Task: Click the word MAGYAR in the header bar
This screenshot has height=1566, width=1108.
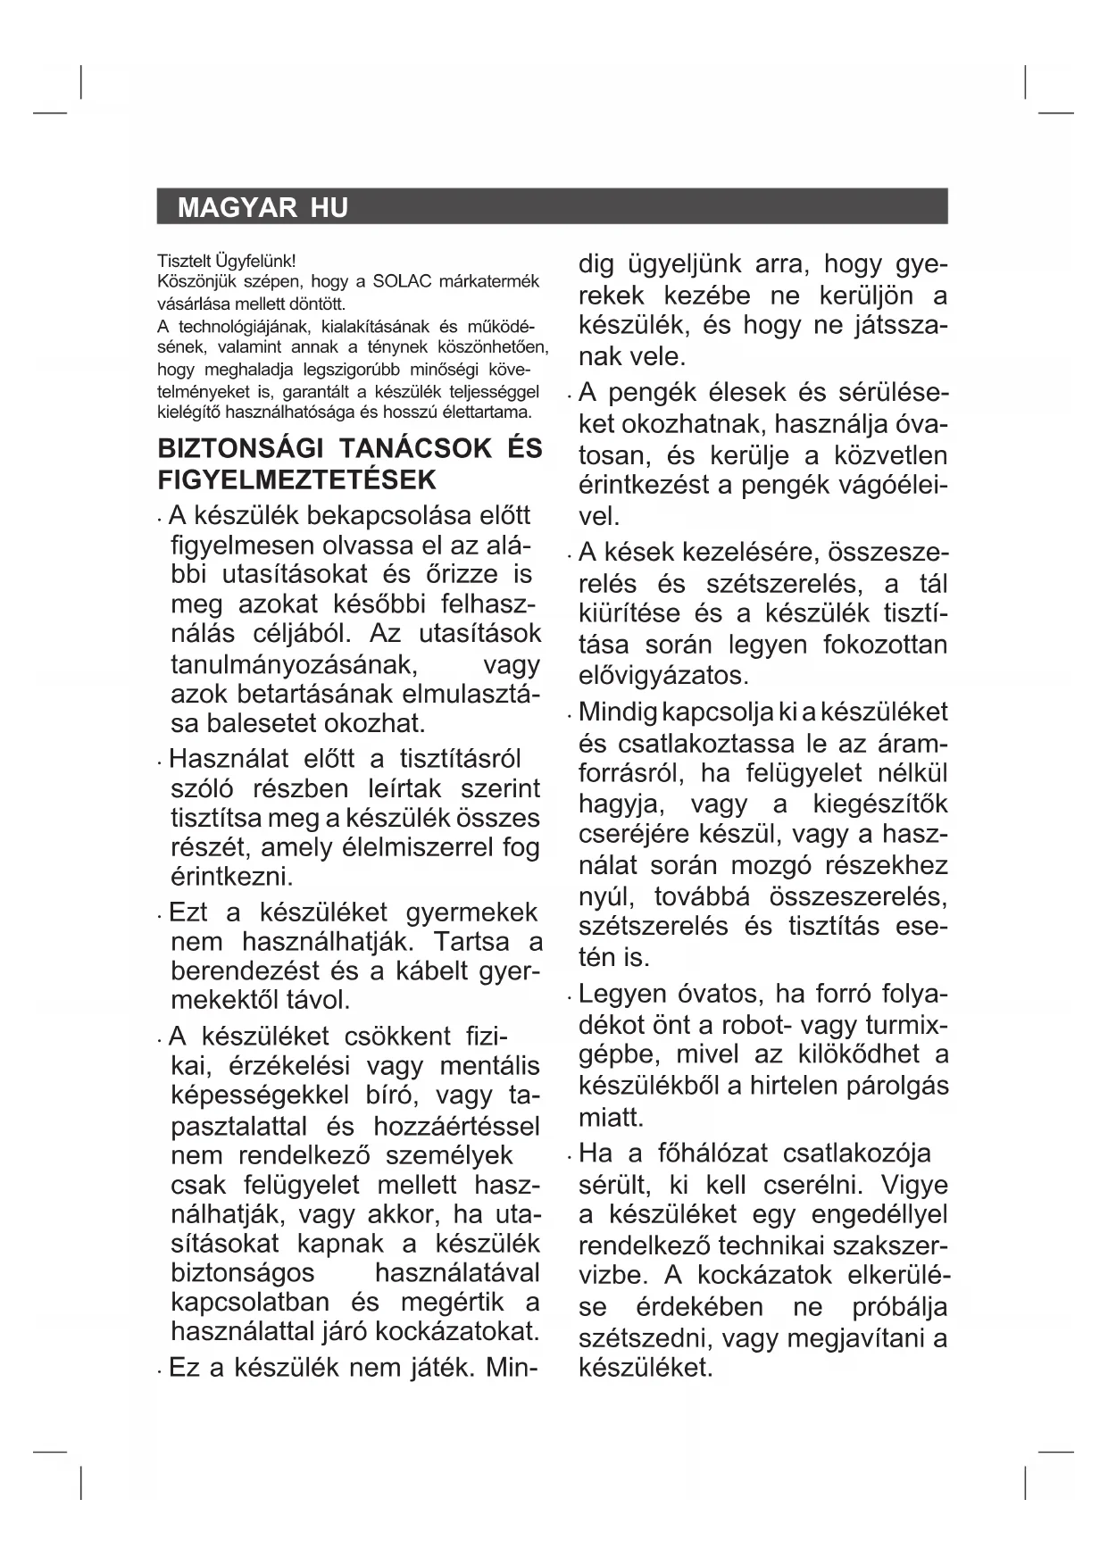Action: pos(237,208)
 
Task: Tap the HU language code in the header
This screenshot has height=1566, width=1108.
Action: pos(329,208)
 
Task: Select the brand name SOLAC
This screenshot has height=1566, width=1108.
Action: pos(402,282)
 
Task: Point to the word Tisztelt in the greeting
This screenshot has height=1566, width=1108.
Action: pos(184,262)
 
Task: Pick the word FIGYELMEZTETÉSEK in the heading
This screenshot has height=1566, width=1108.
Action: pos(297,479)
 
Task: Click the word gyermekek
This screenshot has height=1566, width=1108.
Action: pos(471,912)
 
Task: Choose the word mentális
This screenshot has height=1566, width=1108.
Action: pos(490,1066)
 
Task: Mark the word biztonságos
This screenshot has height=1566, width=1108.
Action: pos(243,1272)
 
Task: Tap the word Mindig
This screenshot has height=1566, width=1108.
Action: pos(619,712)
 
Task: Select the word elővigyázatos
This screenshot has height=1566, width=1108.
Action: pos(663,675)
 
